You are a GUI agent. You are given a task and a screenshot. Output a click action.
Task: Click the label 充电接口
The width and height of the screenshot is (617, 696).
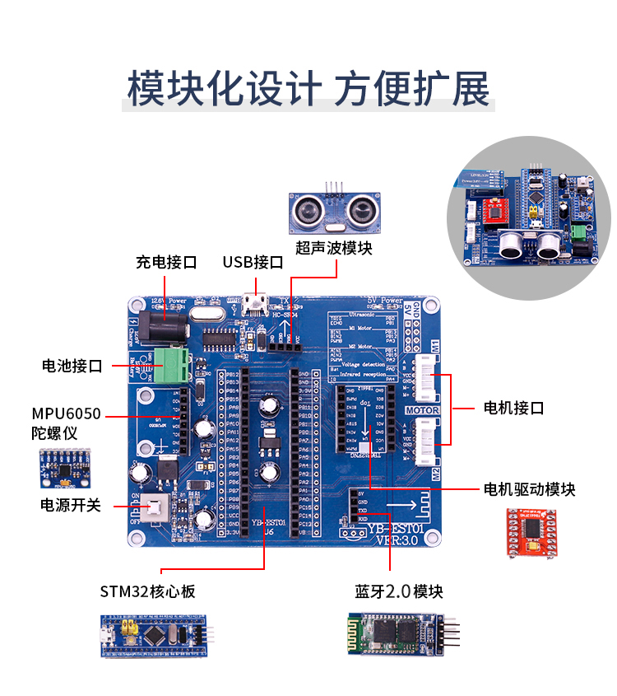[166, 263]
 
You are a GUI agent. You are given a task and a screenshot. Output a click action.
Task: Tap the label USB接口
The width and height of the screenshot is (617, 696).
[253, 263]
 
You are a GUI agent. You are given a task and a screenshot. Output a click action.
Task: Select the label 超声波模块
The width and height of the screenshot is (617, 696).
[334, 248]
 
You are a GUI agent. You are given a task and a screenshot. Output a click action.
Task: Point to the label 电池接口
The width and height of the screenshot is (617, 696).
[72, 366]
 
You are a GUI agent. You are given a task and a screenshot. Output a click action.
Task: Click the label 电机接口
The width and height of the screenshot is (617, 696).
[513, 408]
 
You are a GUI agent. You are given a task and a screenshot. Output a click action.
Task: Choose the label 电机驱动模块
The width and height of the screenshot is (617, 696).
[529, 489]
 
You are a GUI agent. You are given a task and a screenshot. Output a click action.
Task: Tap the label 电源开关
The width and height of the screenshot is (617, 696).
[71, 504]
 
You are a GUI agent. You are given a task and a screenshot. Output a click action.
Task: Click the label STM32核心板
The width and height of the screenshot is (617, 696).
[148, 591]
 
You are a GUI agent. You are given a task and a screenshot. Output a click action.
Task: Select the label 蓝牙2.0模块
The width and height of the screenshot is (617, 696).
[399, 591]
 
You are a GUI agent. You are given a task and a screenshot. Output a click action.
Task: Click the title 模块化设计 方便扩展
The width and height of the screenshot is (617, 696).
[308, 88]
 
